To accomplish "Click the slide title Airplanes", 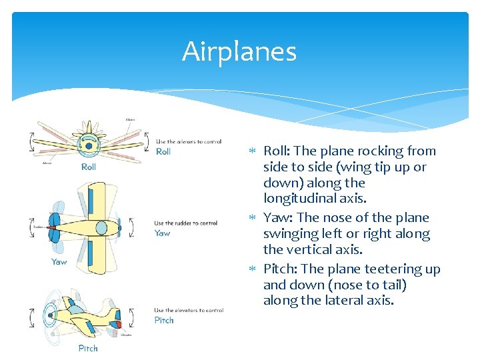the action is click(x=239, y=51).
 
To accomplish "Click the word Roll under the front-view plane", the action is click(x=89, y=167).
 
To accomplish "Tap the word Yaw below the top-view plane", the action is click(x=59, y=262).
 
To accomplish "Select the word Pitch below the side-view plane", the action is click(x=88, y=348).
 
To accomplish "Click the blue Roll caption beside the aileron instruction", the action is click(x=163, y=151).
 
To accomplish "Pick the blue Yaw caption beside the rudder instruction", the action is click(x=162, y=233).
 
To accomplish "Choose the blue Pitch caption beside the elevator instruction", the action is click(x=164, y=320).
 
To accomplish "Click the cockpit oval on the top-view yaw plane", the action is click(x=101, y=228).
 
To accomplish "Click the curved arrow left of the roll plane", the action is click(x=31, y=141).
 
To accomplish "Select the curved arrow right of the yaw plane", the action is click(x=131, y=228).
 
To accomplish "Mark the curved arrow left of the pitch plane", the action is click(x=31, y=317).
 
